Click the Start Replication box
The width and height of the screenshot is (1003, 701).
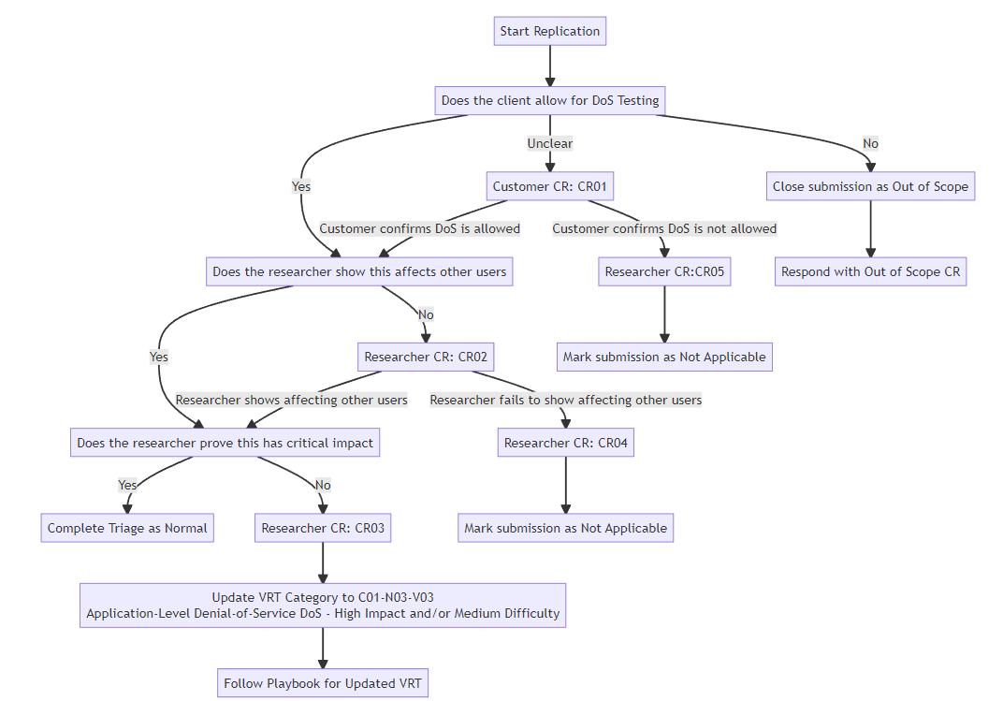tap(549, 31)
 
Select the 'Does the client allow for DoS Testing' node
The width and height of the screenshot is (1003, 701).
tap(550, 100)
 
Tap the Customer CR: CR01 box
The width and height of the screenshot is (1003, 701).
tap(550, 186)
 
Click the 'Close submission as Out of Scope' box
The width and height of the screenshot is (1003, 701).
tap(870, 186)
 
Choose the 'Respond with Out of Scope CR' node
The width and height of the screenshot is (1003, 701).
tap(870, 271)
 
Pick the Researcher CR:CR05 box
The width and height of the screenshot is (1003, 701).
tap(664, 271)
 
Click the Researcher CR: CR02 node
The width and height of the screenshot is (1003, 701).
tap(426, 357)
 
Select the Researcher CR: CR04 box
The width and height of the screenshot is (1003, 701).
tap(565, 443)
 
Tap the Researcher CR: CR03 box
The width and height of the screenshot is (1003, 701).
tap(323, 528)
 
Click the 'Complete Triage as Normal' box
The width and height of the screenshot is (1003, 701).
tap(127, 528)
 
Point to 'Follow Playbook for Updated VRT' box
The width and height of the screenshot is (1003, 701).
tap(323, 683)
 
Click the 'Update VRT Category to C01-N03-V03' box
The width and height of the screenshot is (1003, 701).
tap(323, 606)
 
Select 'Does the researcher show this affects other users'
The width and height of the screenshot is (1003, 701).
tap(359, 271)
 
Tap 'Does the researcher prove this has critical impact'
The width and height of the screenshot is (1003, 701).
tap(225, 443)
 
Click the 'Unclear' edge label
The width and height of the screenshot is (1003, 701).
tap(550, 143)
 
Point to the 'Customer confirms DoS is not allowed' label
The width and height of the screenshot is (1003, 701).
tap(664, 228)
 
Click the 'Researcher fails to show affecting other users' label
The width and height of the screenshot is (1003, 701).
tap(565, 400)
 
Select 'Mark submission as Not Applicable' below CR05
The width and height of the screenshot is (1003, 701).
tap(664, 357)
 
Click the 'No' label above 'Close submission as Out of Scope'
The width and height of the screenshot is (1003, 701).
tap(870, 143)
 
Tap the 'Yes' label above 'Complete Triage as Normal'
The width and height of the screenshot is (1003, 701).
tap(127, 485)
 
